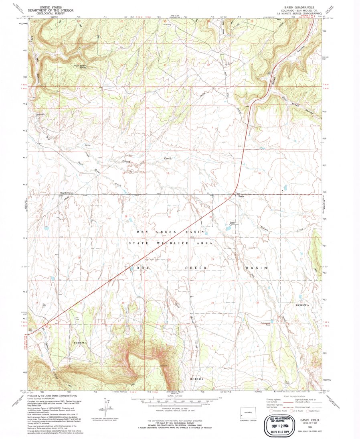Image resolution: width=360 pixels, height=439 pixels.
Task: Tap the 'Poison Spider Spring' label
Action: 79,66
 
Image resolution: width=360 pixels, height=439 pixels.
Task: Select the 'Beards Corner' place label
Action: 67,193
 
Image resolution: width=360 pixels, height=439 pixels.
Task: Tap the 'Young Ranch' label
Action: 232,222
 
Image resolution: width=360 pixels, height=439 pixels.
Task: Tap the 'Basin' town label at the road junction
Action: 241,196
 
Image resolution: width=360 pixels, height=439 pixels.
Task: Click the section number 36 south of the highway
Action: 123,303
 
